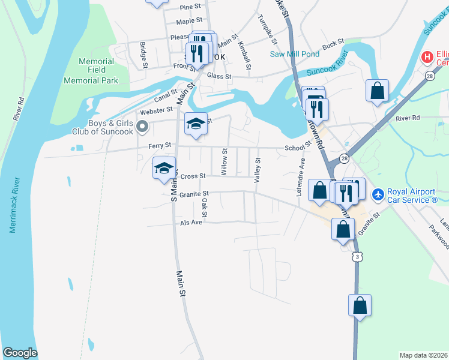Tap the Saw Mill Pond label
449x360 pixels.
[x=294, y=54]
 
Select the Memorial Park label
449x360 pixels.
[x=91, y=80]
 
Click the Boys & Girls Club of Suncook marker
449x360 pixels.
[x=142, y=126]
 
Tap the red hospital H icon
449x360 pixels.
[x=427, y=58]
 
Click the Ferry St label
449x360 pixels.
[x=160, y=145]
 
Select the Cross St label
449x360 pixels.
[x=193, y=176]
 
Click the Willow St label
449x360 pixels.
[x=224, y=162]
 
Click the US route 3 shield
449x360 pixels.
[x=358, y=257]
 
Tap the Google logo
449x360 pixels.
[x=20, y=353]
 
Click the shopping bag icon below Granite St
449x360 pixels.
[x=342, y=229]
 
